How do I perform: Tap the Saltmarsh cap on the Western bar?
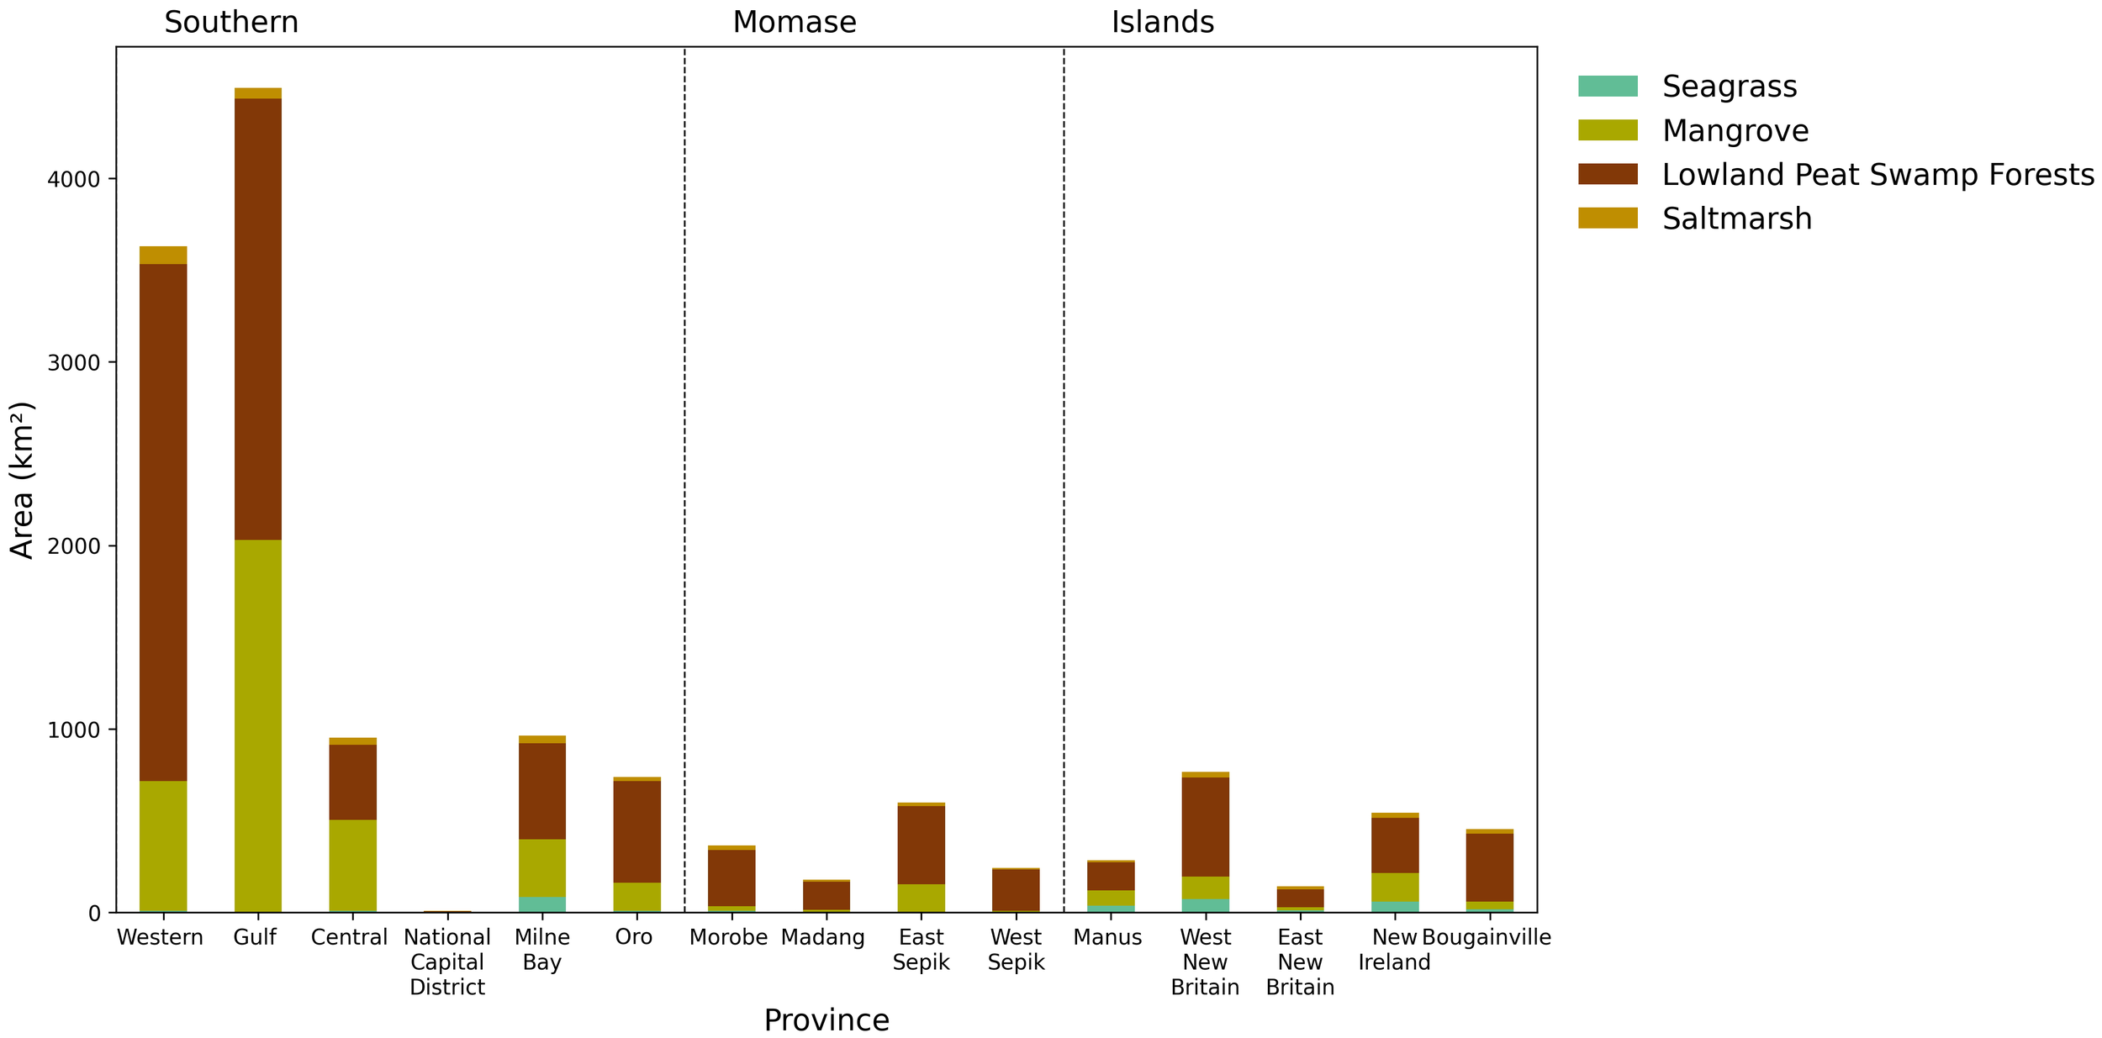tap(163, 255)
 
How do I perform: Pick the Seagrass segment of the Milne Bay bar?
tap(541, 904)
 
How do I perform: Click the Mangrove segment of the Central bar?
tap(352, 865)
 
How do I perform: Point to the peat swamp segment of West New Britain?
tap(1205, 826)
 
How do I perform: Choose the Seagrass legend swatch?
tap(1607, 87)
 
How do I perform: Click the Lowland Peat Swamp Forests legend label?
tap(1878, 175)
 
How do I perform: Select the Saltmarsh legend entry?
tap(1736, 219)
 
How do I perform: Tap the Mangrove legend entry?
tap(1735, 131)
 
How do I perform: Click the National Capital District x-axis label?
tap(447, 962)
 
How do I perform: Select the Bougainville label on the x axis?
tap(1486, 937)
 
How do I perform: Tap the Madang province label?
tap(822, 937)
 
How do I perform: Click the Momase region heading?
tap(794, 23)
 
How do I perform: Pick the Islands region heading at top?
tap(1162, 23)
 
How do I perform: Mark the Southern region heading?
tap(231, 23)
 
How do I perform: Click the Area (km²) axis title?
tap(23, 480)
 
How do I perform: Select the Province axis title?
tap(826, 1020)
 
